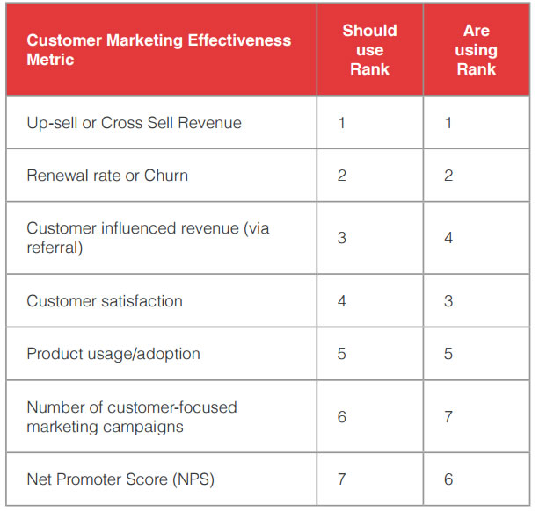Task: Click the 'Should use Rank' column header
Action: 369,49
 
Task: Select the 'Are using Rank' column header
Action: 476,49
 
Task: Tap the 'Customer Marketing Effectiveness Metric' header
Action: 158,50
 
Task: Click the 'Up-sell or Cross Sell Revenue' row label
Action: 134,123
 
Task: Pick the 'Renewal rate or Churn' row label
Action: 107,176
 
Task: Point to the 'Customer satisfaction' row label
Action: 105,301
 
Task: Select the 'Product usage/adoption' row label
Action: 113,354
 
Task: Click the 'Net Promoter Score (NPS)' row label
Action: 120,479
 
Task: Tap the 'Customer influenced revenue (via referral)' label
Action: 148,238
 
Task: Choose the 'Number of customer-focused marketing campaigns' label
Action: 132,417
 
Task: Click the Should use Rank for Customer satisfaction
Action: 342,301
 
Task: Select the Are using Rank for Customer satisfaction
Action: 448,301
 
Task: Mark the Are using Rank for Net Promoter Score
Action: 448,479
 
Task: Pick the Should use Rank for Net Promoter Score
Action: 342,479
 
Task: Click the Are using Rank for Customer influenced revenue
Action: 448,238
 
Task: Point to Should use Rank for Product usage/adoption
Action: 342,354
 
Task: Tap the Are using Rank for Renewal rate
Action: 448,176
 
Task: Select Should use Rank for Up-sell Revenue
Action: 342,123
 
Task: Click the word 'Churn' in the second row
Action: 166,176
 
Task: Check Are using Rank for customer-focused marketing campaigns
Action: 448,417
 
